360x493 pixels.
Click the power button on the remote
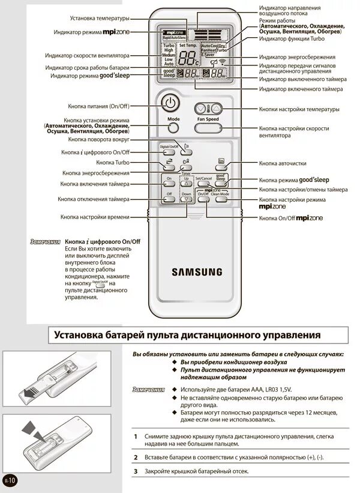click(x=171, y=103)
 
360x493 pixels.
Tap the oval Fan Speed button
click(x=208, y=127)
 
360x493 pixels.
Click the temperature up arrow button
click(x=216, y=109)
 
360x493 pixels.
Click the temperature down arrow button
click(x=201, y=109)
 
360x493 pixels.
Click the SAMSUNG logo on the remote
click(x=197, y=271)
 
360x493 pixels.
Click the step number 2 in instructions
click(x=136, y=458)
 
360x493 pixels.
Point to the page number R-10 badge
click(x=10, y=480)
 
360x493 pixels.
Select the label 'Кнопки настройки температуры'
click(x=299, y=109)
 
